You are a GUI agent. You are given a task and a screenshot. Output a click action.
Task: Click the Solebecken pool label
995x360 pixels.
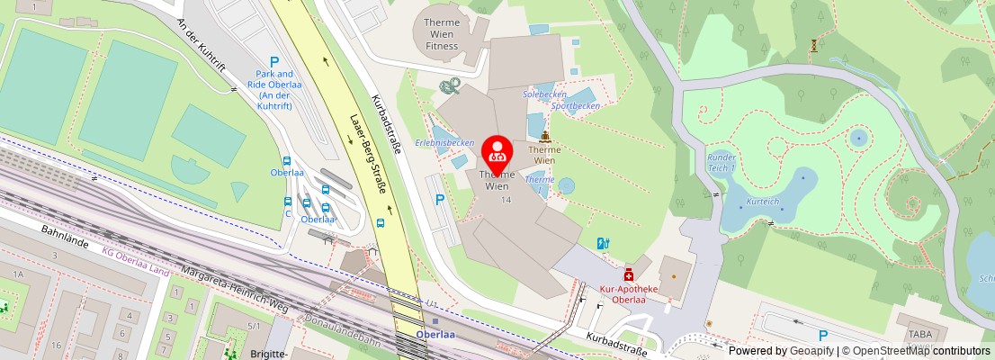click(545, 94)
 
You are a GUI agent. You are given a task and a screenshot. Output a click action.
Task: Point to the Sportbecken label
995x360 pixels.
click(576, 105)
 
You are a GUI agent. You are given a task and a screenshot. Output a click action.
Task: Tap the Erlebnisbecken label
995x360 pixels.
click(444, 142)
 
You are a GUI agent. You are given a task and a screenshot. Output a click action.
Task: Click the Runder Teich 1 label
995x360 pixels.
click(722, 162)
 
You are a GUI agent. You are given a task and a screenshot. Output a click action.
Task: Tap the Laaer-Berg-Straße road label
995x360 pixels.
click(367, 153)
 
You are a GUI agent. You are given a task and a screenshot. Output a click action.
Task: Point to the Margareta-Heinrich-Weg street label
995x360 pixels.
click(234, 288)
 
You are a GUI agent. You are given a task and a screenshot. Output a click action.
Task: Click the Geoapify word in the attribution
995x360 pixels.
click(811, 351)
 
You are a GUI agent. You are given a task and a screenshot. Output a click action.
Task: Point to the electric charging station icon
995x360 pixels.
click(603, 242)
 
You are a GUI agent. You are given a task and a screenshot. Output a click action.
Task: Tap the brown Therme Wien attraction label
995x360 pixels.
click(544, 155)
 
